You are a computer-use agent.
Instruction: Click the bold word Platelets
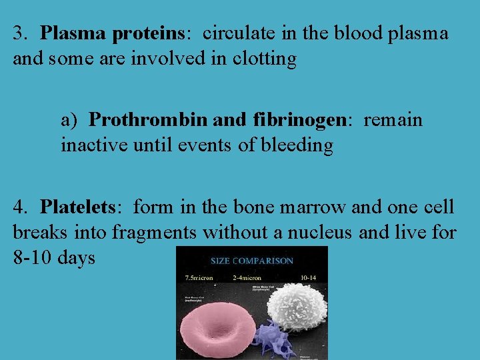(78, 207)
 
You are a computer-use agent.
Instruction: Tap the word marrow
(313, 207)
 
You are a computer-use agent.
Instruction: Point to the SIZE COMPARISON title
(251, 261)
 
